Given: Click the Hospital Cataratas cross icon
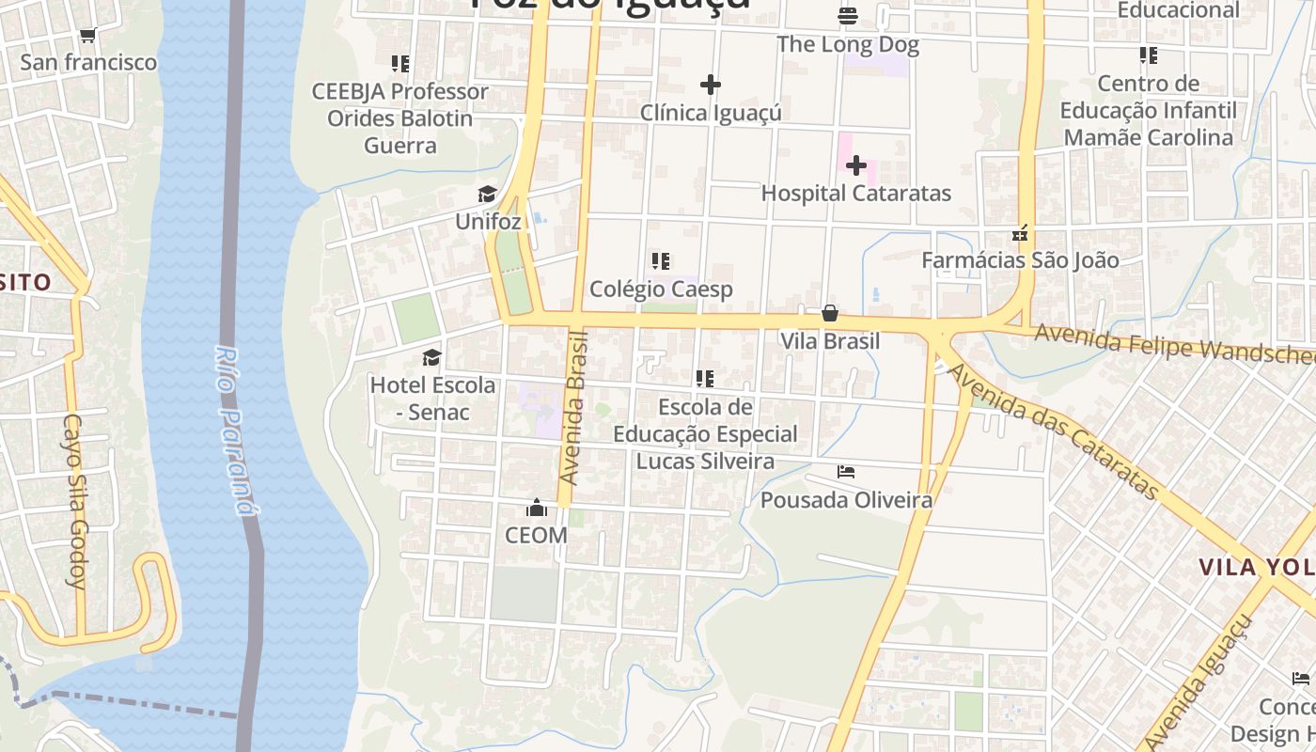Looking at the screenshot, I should [855, 166].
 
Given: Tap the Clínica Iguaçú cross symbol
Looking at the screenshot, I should [711, 85].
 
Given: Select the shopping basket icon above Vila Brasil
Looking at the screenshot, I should [830, 313].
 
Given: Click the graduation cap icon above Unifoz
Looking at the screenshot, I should [487, 195].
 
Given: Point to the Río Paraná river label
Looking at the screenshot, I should [235, 431].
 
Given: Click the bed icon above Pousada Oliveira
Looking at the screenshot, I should [846, 472].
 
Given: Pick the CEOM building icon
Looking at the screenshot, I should [537, 509].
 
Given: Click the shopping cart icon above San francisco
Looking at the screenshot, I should [87, 36].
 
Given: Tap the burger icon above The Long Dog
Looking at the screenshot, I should [848, 16].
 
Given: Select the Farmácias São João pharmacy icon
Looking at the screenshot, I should [1020, 232].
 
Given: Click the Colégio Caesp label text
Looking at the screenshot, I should [661, 289].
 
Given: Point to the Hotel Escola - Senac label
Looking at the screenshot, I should [432, 398].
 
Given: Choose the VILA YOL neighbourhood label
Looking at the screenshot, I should [1256, 567].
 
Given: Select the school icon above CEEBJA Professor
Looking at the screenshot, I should [400, 64].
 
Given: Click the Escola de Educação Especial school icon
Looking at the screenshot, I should [705, 379].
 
